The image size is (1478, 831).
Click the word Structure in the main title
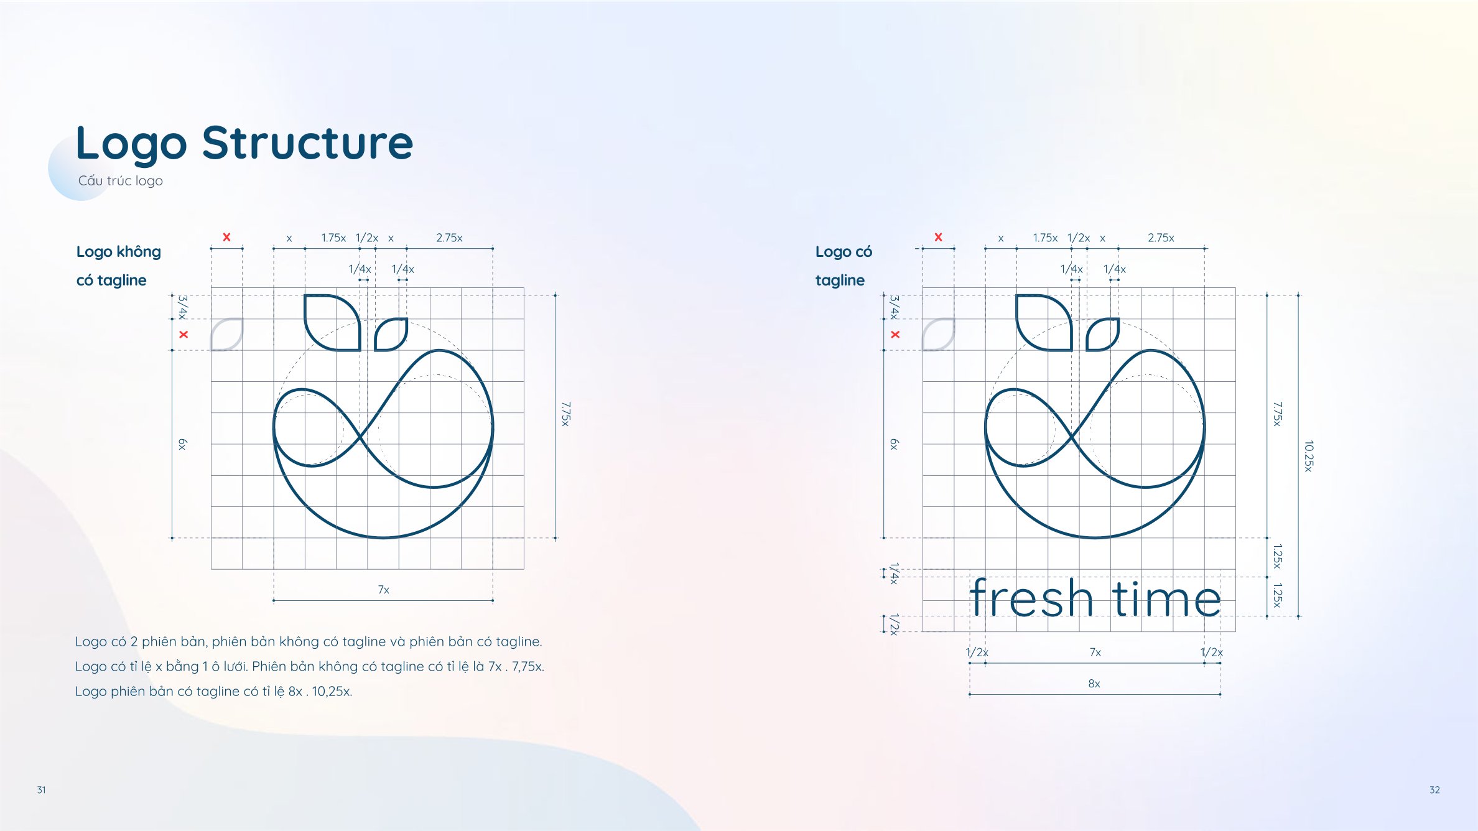pos(307,143)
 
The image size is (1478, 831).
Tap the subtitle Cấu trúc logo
pos(121,180)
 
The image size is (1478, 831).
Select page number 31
pos(41,790)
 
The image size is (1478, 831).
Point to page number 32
pos(1434,790)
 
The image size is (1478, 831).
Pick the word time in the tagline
pos(1167,598)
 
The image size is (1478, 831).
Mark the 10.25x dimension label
pos(1309,456)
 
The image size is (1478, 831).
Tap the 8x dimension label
pos(1094,684)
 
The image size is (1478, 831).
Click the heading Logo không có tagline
pos(118,266)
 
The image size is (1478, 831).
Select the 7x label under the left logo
pos(384,590)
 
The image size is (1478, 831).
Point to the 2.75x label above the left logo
pos(449,238)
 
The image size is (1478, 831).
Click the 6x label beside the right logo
pos(894,444)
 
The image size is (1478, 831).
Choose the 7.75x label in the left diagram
pos(565,414)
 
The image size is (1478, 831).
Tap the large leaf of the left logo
pos(332,322)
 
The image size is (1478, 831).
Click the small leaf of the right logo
pos(1103,335)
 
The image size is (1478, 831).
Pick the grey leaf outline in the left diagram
pos(226,335)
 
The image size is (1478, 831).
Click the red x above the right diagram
pos(938,237)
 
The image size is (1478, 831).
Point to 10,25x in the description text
pos(332,692)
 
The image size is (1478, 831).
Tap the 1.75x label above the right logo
pos(1045,238)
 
